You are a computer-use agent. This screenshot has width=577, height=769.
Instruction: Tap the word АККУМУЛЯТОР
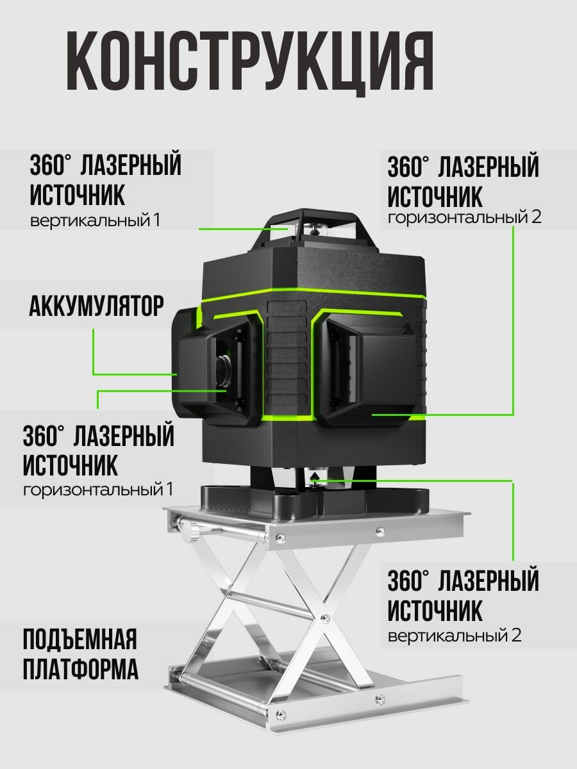[x=96, y=307]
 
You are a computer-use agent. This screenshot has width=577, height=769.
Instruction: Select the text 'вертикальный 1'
[x=95, y=220]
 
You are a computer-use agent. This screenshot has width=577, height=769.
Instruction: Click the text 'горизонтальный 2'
[x=464, y=217]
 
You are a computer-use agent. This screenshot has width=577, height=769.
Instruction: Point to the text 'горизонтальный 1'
[x=98, y=490]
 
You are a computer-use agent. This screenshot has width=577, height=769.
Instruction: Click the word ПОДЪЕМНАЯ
[x=80, y=640]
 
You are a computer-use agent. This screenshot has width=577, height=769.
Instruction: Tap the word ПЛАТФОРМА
[x=80, y=670]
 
